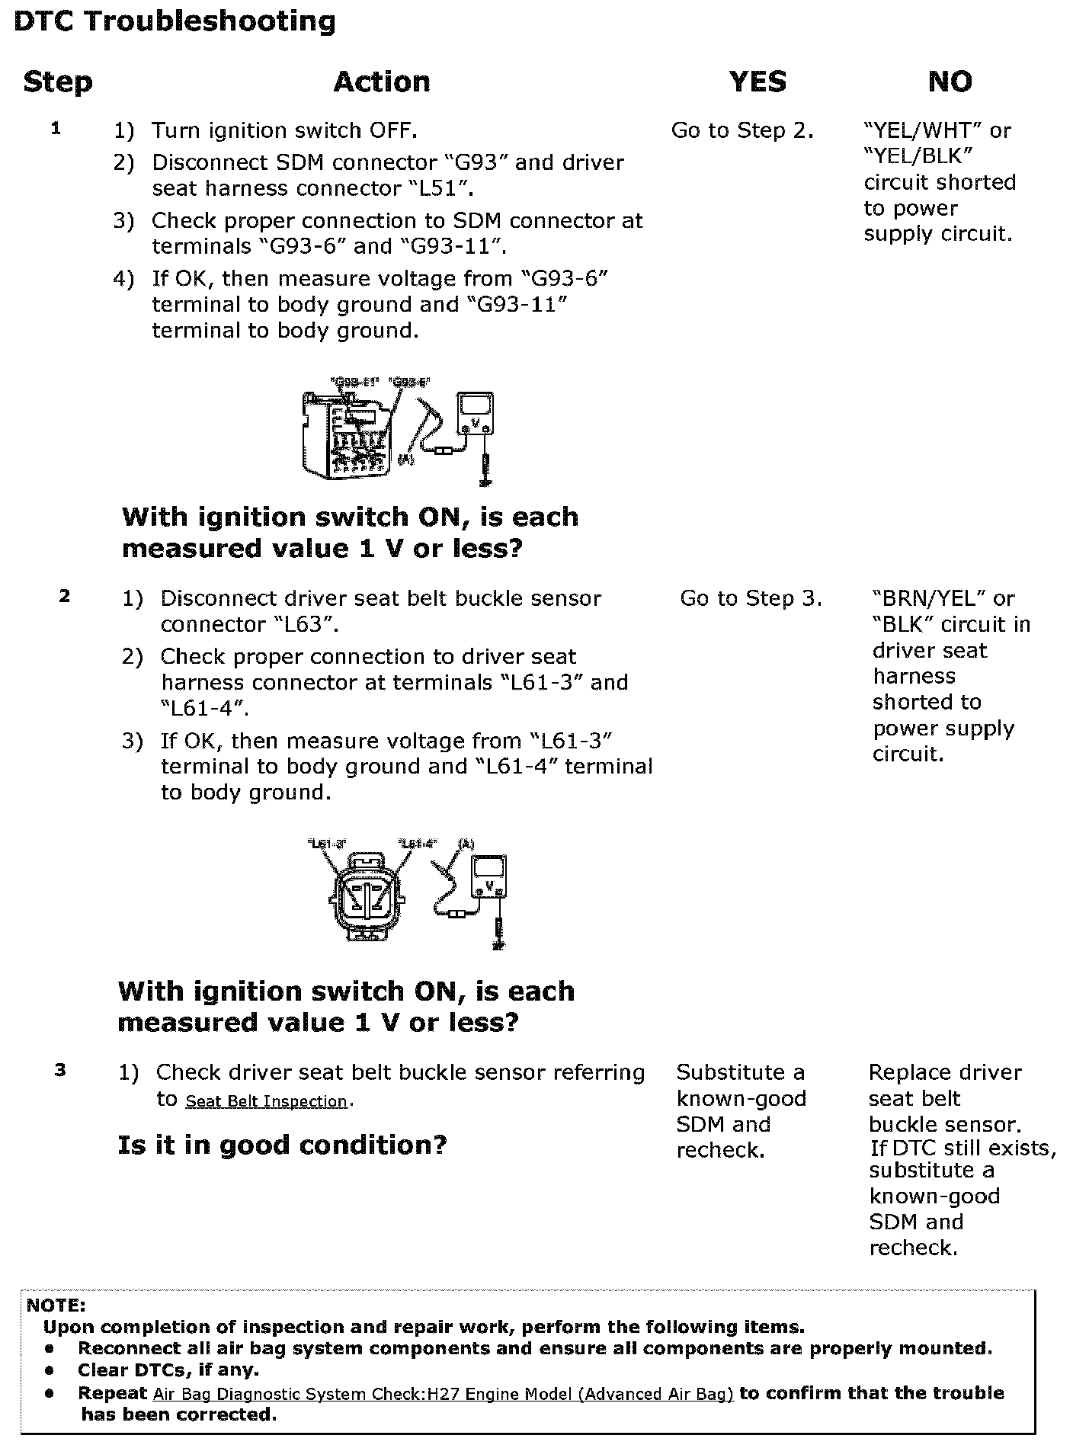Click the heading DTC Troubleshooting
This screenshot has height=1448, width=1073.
tap(175, 21)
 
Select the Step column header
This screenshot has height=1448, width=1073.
tap(58, 82)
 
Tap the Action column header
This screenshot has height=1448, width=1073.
tap(382, 82)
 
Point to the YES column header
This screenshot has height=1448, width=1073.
tap(758, 82)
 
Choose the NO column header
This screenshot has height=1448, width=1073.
tap(950, 82)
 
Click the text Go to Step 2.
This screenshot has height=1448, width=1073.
tap(741, 131)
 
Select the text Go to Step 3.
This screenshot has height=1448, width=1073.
tap(751, 598)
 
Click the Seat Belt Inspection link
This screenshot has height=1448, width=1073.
tap(266, 1101)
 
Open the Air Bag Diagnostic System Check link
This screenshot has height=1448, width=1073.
tap(443, 1394)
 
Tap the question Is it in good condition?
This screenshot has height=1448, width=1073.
tap(282, 1145)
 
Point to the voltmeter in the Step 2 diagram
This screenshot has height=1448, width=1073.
tap(488, 878)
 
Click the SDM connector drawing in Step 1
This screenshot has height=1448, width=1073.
tap(347, 434)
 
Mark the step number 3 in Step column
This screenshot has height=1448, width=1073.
tap(60, 1070)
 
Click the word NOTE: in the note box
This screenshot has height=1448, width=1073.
tap(56, 1305)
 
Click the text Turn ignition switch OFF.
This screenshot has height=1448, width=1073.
tap(283, 131)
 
